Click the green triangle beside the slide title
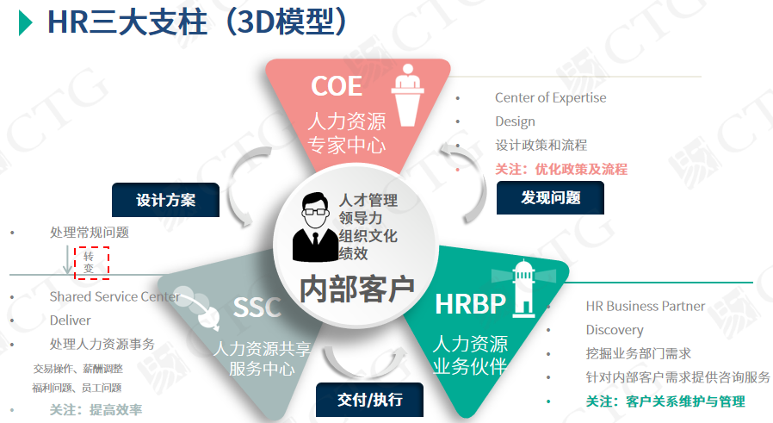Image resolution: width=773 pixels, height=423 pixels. [x=25, y=22]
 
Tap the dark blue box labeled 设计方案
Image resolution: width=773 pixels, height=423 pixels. [x=165, y=200]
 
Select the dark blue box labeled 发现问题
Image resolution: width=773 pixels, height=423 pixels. [x=550, y=198]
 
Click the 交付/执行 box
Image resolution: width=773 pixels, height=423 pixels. [x=370, y=399]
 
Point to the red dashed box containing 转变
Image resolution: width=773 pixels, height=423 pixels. [x=92, y=263]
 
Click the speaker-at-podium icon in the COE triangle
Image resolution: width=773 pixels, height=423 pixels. [x=408, y=95]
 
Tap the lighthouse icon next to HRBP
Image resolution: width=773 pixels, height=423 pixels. [x=523, y=289]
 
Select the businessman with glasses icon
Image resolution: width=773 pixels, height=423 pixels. [x=314, y=227]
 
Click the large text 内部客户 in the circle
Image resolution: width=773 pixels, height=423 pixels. [x=357, y=289]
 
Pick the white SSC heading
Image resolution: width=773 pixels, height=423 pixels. [x=257, y=308]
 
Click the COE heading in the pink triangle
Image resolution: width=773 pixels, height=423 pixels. [x=337, y=86]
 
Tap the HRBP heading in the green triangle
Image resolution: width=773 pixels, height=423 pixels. [x=471, y=304]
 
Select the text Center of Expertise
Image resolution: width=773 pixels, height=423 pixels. [x=551, y=97]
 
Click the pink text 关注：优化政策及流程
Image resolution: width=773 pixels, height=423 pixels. [x=561, y=170]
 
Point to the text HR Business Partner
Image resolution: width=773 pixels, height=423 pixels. [x=646, y=306]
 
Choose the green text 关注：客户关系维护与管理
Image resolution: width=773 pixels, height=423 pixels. [x=665, y=401]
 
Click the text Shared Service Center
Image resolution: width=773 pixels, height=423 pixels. [x=114, y=296]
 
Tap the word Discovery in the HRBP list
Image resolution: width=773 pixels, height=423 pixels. [x=615, y=330]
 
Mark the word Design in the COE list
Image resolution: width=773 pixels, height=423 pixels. [x=515, y=121]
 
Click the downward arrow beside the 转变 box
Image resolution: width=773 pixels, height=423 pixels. [x=67, y=259]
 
